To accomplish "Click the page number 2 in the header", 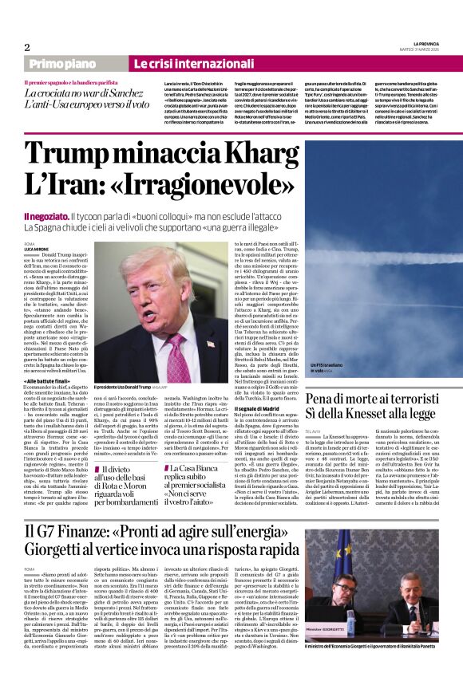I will [x=26, y=47].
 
